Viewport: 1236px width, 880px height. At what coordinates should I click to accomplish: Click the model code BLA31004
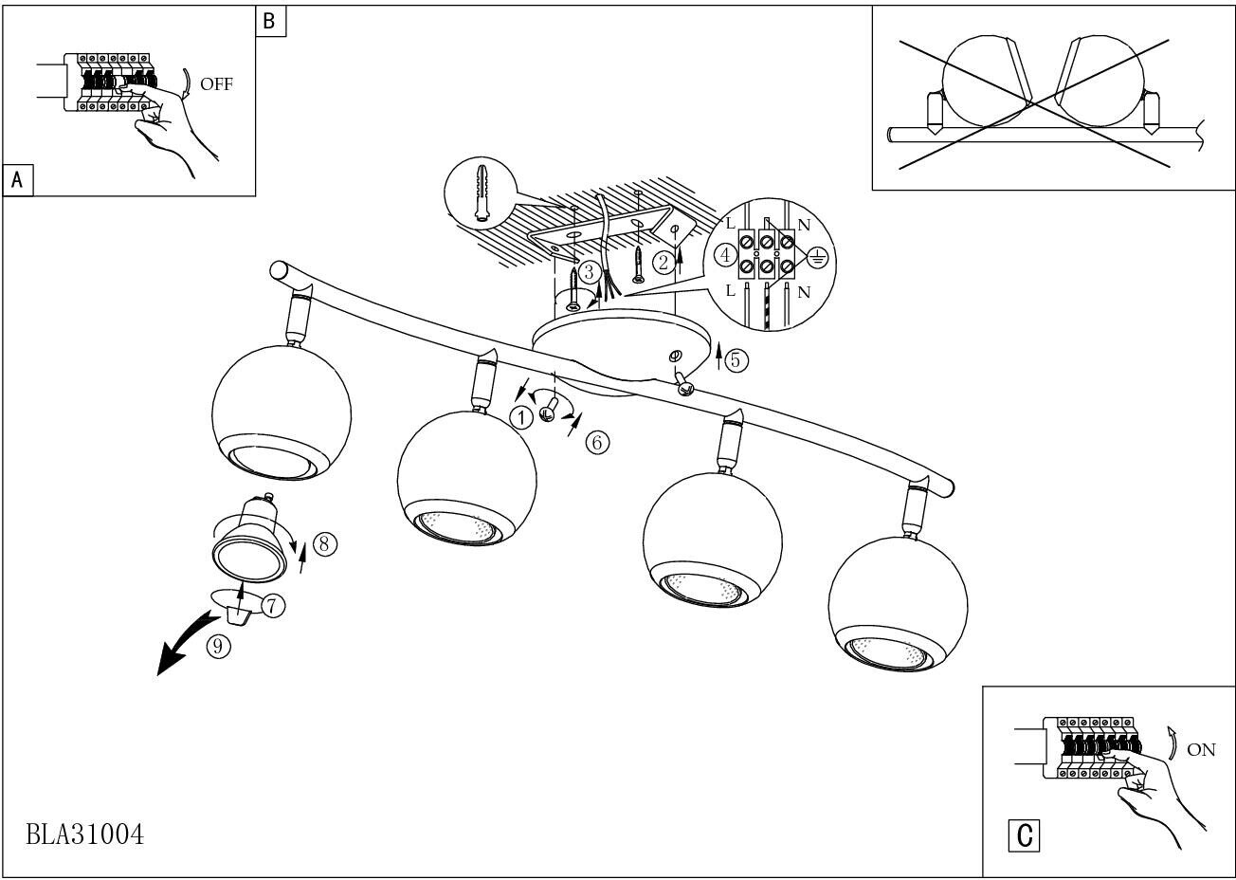click(x=85, y=834)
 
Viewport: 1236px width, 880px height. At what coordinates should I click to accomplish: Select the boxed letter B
click(x=270, y=21)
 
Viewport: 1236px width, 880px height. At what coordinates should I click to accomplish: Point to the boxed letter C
click(x=1025, y=835)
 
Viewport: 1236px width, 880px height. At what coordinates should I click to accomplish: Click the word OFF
click(x=216, y=84)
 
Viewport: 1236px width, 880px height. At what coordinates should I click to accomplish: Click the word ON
click(x=1200, y=750)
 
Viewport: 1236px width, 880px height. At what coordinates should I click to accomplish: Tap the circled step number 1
click(x=520, y=416)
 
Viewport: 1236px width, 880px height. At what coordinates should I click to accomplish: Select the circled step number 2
click(x=665, y=263)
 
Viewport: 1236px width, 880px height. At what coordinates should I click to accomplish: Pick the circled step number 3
click(x=589, y=273)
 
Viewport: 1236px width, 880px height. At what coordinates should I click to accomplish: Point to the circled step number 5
click(x=737, y=360)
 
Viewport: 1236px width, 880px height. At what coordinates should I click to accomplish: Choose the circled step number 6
click(x=597, y=442)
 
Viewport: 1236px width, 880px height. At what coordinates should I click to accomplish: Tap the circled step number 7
click(x=273, y=605)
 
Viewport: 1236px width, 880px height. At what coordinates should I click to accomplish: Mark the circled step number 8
click(x=324, y=543)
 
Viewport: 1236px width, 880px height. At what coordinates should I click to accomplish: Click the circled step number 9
click(x=218, y=647)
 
